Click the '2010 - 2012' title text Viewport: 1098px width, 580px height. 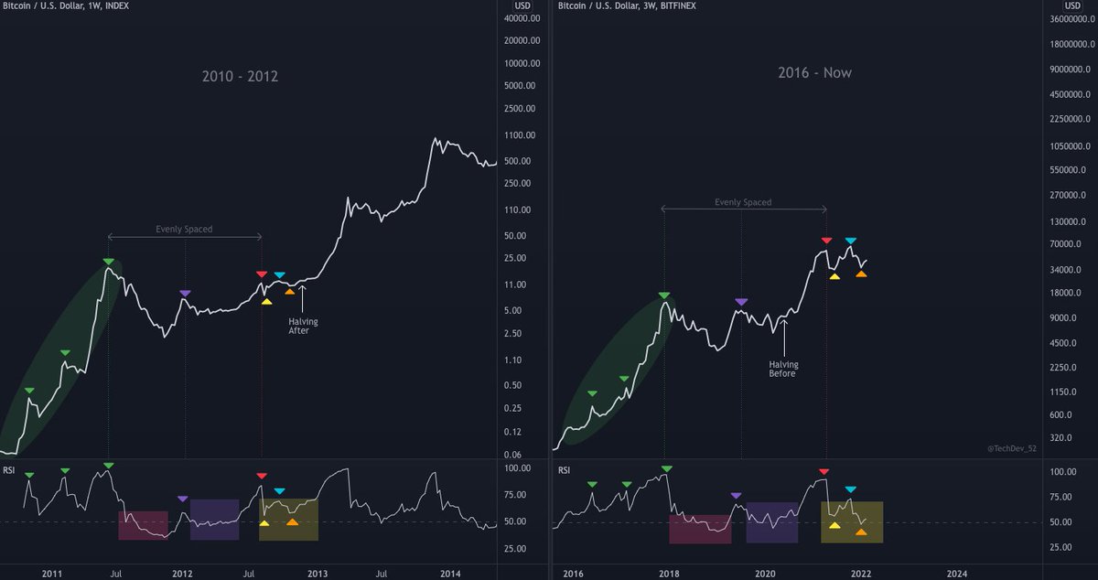coord(240,76)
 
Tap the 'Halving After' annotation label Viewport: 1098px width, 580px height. coord(302,326)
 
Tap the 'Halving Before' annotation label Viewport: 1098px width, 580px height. coord(783,369)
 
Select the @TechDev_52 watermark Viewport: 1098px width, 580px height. coord(1012,448)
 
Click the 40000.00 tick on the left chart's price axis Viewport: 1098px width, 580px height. coord(522,18)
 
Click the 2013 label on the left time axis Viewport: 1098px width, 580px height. coord(317,574)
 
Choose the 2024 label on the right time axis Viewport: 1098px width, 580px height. coord(956,574)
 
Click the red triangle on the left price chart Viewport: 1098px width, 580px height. coord(262,274)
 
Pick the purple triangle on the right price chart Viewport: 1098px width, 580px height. coord(741,301)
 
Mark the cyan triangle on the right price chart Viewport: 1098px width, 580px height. coord(851,241)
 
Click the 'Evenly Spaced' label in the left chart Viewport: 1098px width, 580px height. coord(184,229)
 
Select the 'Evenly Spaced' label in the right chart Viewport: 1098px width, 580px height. coord(743,202)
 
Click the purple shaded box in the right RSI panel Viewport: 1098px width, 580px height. coord(771,522)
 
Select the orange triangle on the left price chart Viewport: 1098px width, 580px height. coord(290,291)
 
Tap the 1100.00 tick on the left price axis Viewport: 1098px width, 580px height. coord(522,135)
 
